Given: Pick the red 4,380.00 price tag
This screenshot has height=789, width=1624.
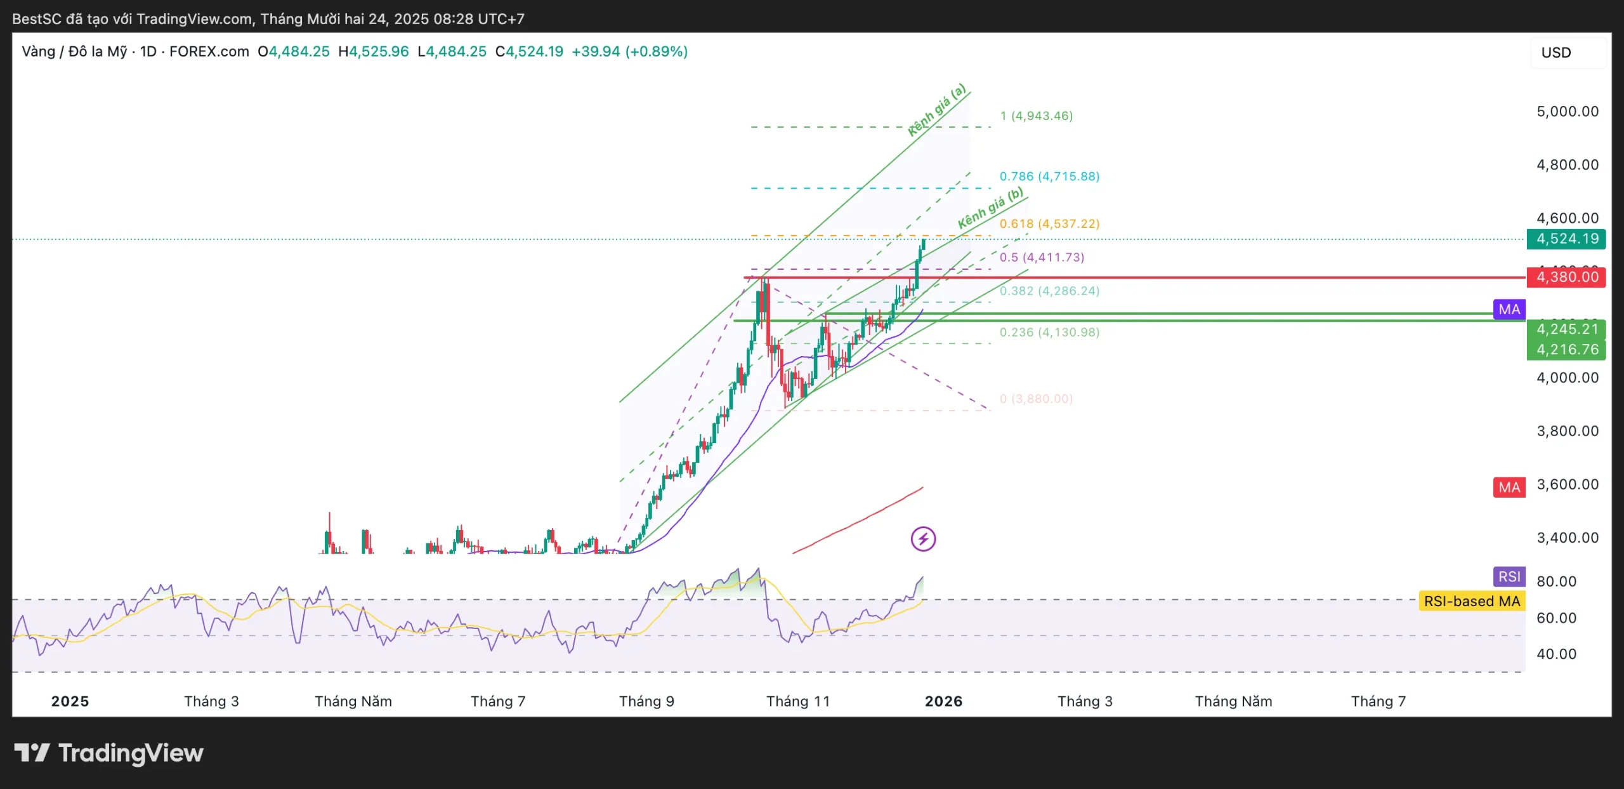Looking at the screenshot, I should [x=1566, y=277].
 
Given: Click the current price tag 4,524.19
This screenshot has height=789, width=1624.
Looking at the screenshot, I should [x=1566, y=239].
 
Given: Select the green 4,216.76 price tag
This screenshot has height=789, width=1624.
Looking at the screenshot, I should [x=1566, y=350].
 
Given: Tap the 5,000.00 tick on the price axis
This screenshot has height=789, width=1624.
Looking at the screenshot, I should [x=1567, y=112].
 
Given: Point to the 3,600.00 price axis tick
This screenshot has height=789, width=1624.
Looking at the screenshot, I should [x=1567, y=484].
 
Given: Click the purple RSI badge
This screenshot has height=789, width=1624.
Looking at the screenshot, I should [x=1509, y=576].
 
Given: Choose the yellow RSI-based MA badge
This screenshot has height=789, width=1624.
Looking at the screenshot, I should [x=1472, y=601].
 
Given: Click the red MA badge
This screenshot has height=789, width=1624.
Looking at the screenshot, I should [x=1509, y=487].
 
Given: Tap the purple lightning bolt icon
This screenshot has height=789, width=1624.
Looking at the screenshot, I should [x=923, y=540].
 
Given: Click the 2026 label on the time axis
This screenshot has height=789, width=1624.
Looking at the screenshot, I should [x=943, y=701].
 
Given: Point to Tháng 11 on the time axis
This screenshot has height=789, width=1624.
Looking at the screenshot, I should [x=797, y=701].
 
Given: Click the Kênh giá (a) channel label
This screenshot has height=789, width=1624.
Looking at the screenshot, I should [x=936, y=110].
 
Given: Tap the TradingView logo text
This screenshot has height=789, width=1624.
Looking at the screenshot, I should [x=130, y=753].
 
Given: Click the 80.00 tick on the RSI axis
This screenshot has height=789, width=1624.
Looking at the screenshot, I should [x=1556, y=581].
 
